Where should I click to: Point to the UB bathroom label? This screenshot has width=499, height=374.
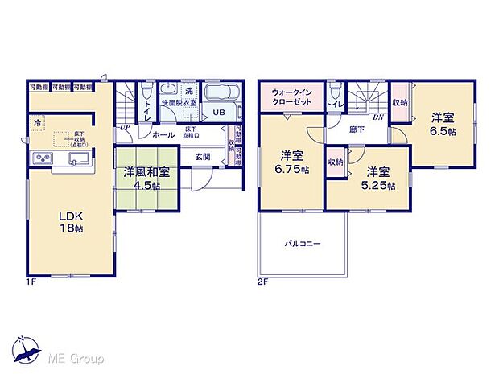click(x=219, y=113)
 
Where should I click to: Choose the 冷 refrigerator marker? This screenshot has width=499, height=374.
click(x=36, y=122)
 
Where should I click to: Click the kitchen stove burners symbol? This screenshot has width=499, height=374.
click(x=40, y=157)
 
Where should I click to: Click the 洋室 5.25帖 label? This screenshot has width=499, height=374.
click(x=378, y=178)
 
